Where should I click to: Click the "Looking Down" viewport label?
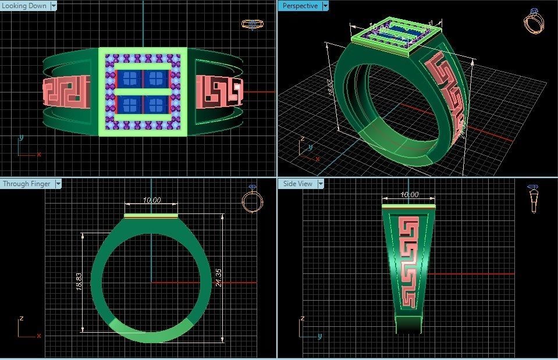(x=25, y=6)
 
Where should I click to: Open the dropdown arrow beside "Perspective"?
(x=325, y=6)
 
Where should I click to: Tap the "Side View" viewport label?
(x=297, y=184)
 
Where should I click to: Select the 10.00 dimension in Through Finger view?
(x=151, y=201)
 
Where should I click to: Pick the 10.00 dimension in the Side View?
(x=409, y=195)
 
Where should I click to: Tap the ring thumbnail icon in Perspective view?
(x=534, y=22)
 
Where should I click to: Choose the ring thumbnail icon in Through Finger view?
(x=252, y=199)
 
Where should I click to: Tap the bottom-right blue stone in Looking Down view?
(x=156, y=105)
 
